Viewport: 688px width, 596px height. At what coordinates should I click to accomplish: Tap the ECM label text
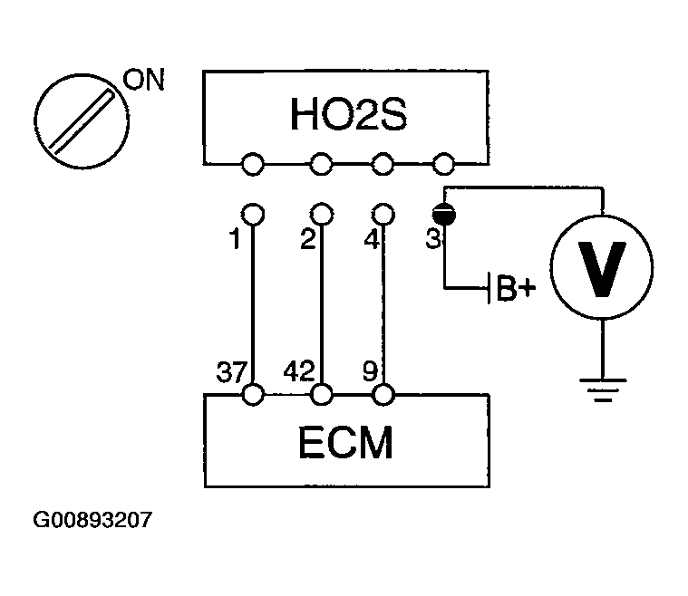point(346,444)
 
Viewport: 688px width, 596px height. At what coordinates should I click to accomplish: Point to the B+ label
point(517,289)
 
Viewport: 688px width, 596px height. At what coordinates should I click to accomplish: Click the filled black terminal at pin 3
point(444,214)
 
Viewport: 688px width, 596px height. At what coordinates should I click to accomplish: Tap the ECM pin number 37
point(230,370)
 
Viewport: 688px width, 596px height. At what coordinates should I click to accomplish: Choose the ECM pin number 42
point(298,370)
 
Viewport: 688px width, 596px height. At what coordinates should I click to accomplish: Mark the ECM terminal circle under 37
point(254,395)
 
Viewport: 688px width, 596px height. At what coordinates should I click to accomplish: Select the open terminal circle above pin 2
point(321,214)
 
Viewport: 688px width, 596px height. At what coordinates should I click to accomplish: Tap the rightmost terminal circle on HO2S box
point(444,164)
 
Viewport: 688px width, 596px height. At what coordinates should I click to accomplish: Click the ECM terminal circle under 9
point(384,395)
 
